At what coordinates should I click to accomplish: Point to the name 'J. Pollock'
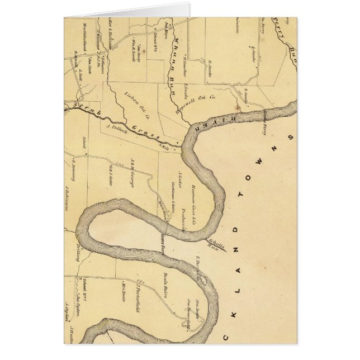(114, 127)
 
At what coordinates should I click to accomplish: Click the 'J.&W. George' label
(132, 172)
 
